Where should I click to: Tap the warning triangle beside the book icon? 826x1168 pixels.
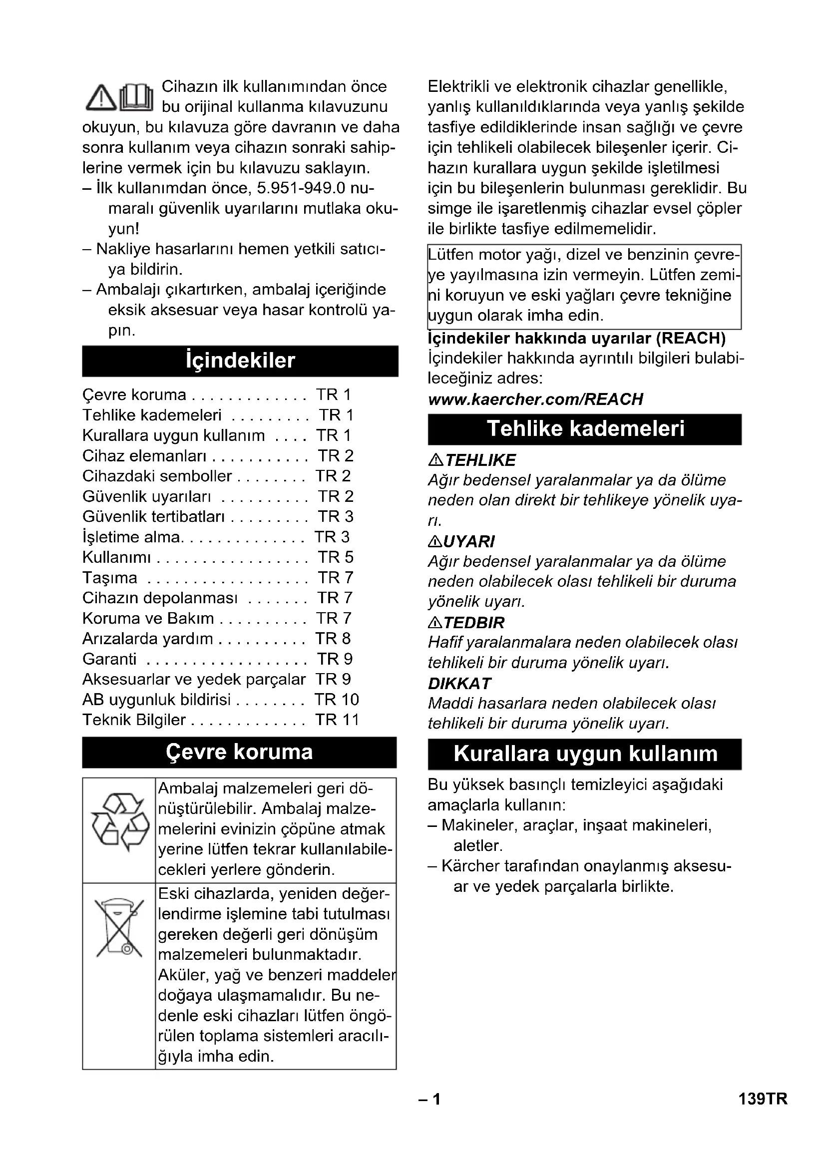(101, 97)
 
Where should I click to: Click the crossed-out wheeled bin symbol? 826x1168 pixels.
(119, 928)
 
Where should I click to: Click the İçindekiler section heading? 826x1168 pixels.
(240, 361)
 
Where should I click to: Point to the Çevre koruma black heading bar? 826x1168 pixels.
(239, 752)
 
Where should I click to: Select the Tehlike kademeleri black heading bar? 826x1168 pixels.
(584, 429)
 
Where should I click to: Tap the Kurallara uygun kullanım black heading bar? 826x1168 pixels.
(584, 754)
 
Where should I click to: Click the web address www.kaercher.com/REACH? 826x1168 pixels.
(535, 399)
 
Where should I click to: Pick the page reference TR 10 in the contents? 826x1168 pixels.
(337, 700)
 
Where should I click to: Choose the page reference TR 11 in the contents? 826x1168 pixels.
(337, 720)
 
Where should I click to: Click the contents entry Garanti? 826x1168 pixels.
(109, 659)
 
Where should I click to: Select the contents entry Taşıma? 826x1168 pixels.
(110, 578)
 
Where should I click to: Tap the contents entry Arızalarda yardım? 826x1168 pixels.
(147, 639)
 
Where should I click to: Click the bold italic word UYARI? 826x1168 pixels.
(468, 541)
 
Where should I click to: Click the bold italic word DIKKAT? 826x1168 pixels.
(460, 683)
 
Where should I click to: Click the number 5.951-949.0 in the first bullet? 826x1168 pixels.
(301, 188)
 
